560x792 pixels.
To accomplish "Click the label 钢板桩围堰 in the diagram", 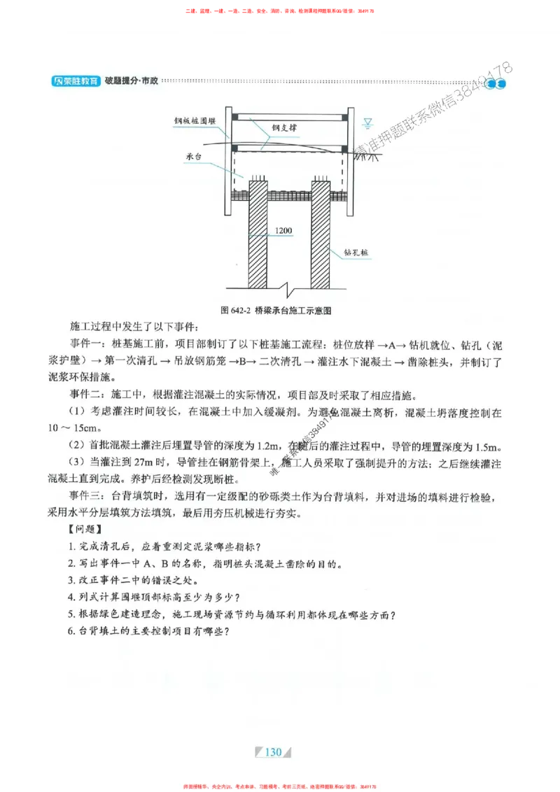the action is click(195, 120).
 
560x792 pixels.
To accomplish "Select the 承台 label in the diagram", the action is click(194, 158).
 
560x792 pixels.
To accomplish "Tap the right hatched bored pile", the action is click(321, 234).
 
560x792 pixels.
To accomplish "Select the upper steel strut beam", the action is click(290, 116).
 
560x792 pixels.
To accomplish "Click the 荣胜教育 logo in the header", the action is click(76, 82).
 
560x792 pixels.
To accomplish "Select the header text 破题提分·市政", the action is click(131, 81).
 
